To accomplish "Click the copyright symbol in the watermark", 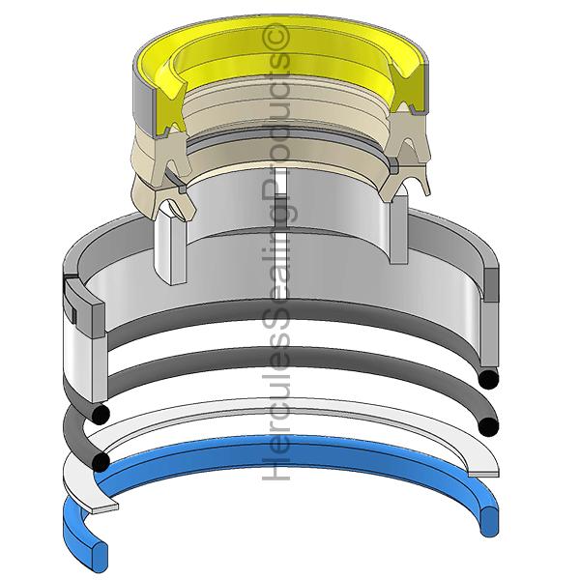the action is tap(275, 37).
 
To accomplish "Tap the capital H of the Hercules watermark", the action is tap(275, 467).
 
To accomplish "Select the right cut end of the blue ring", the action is tap(489, 522).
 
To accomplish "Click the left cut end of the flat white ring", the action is tap(104, 507).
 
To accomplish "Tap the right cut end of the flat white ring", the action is tap(483, 474).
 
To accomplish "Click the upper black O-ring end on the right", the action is tap(488, 379).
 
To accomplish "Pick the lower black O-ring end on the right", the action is tap(488, 426).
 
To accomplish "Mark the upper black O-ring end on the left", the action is tap(100, 415).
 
